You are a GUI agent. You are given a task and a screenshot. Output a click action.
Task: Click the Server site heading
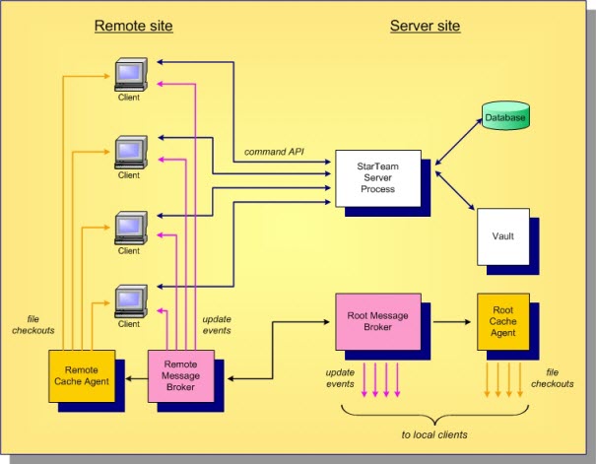426,26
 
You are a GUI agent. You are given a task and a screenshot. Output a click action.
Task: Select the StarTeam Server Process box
378,177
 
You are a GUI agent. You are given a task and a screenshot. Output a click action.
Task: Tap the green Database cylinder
505,118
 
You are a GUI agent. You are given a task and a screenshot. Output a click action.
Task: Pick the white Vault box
502,236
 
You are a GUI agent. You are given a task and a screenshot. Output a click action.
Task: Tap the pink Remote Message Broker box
180,375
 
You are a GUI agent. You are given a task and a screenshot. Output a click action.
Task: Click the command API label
273,153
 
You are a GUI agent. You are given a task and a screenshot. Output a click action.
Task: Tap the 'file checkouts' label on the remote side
40,323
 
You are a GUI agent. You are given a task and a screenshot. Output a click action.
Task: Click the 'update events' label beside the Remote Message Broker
217,324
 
